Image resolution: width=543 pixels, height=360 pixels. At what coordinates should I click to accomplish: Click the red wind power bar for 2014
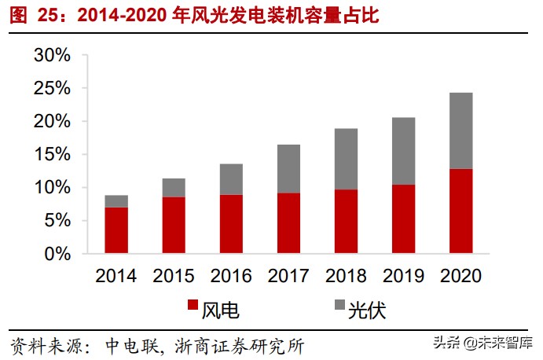tap(116, 230)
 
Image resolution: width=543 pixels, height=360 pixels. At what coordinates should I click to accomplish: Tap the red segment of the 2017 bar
tap(288, 223)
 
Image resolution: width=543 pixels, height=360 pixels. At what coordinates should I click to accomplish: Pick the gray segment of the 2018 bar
tap(346, 159)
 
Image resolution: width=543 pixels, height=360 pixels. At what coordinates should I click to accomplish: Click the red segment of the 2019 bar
tap(403, 219)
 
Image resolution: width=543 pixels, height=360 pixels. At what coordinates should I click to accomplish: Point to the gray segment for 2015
tap(174, 188)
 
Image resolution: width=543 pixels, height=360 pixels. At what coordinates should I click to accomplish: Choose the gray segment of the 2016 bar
tap(231, 179)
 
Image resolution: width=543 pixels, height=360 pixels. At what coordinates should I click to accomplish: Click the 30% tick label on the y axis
tap(52, 56)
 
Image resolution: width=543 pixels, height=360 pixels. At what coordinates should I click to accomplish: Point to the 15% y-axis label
tap(52, 155)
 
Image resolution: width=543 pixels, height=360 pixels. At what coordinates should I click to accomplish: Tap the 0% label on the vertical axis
tap(58, 254)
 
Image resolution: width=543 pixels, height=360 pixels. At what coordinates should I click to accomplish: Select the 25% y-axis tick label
tap(52, 89)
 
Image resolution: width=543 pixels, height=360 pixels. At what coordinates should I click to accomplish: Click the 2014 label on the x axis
tap(116, 276)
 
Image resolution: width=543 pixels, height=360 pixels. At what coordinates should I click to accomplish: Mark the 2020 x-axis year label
tap(460, 276)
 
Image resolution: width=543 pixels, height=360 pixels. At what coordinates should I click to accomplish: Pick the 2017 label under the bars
tap(288, 276)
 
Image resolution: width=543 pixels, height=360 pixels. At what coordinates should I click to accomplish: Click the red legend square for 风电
tap(193, 308)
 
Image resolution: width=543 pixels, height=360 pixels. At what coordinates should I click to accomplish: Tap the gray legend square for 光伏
tap(339, 308)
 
